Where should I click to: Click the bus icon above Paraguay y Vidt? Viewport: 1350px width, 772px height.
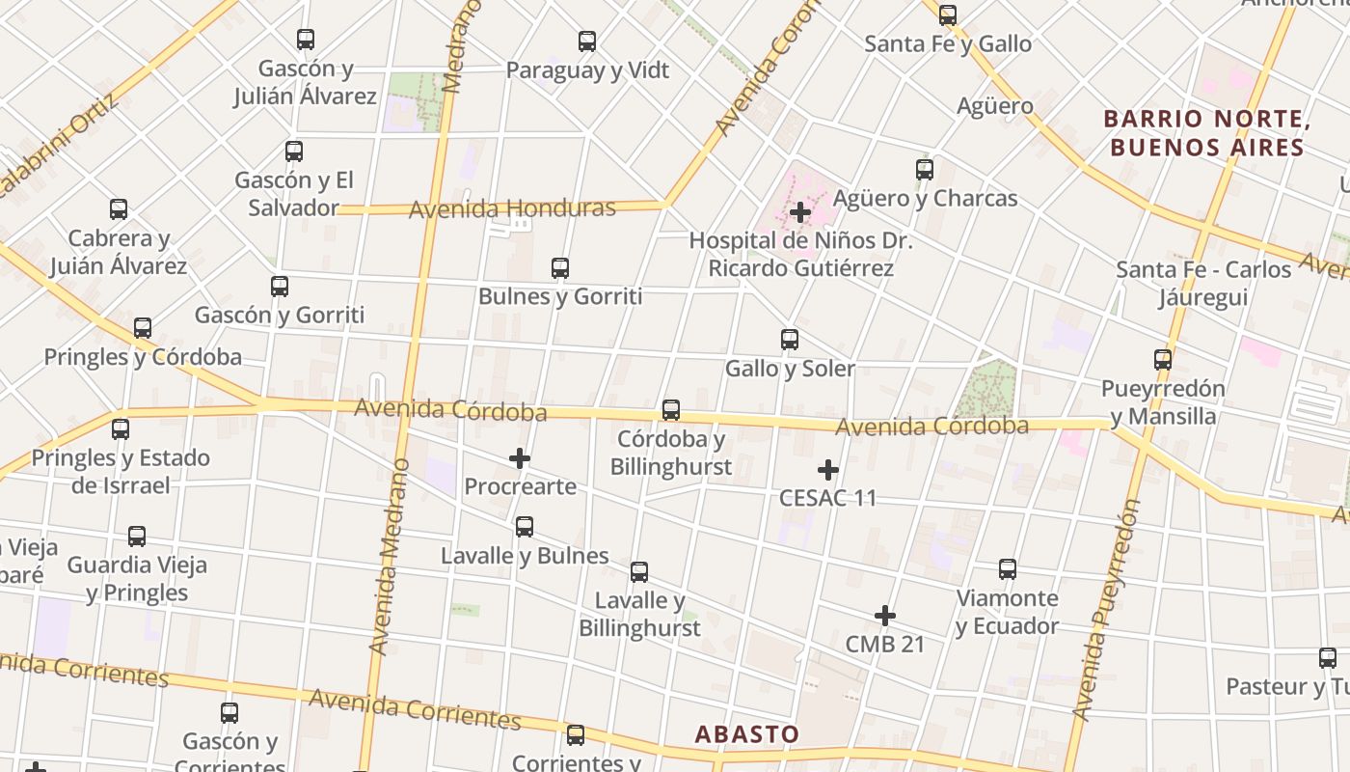tap(587, 41)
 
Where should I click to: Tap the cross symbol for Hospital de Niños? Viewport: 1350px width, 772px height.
tap(800, 212)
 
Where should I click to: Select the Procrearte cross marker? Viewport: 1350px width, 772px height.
tap(520, 458)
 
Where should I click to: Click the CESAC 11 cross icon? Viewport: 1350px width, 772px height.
tap(828, 470)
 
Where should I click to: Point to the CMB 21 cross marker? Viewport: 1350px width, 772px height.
tap(885, 616)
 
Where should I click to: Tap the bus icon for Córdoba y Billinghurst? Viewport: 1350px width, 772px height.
tap(671, 410)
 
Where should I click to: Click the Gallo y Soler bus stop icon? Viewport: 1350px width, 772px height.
tap(790, 340)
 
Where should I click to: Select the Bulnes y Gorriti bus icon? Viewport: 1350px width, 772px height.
tap(560, 268)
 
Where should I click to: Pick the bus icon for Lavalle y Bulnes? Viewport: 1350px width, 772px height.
tap(525, 527)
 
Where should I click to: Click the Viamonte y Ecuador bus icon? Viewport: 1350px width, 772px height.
tap(1008, 569)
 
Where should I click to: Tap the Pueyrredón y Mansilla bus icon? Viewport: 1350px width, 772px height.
tap(1163, 360)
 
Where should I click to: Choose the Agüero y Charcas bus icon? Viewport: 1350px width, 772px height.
tap(925, 170)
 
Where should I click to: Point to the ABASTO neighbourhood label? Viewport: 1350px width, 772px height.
tap(747, 734)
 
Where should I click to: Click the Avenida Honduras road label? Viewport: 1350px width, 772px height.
tap(512, 208)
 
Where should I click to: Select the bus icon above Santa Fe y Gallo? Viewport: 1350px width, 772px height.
tap(948, 15)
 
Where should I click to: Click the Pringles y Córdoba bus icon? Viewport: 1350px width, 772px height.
tap(143, 328)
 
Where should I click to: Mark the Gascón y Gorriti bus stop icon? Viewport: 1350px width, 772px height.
tap(280, 287)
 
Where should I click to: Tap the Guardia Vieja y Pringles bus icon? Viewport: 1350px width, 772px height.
tap(137, 537)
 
